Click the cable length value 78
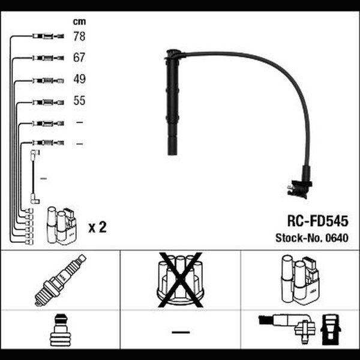(79, 36)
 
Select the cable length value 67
(79, 58)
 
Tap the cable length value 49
(79, 79)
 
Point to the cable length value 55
(79, 101)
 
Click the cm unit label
(79, 22)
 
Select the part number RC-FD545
(318, 221)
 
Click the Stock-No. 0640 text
(312, 238)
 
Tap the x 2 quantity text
(98, 227)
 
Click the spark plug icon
(61, 280)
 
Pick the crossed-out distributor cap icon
(181, 280)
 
